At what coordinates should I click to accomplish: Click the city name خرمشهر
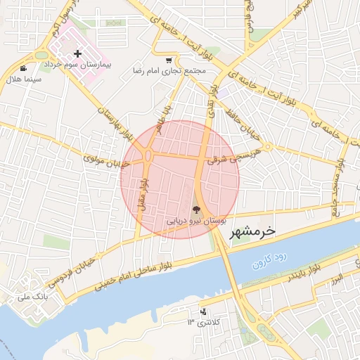click(x=252, y=230)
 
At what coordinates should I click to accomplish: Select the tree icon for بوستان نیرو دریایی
click(x=196, y=209)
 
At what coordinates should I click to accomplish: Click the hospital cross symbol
click(x=77, y=53)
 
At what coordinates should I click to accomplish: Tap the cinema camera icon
click(x=24, y=69)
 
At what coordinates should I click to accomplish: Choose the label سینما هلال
click(x=22, y=79)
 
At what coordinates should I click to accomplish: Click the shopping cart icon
click(x=169, y=60)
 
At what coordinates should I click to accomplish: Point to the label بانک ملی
click(x=33, y=297)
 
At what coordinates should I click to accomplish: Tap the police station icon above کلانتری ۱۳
click(x=203, y=311)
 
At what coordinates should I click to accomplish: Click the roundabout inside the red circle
click(x=148, y=155)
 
